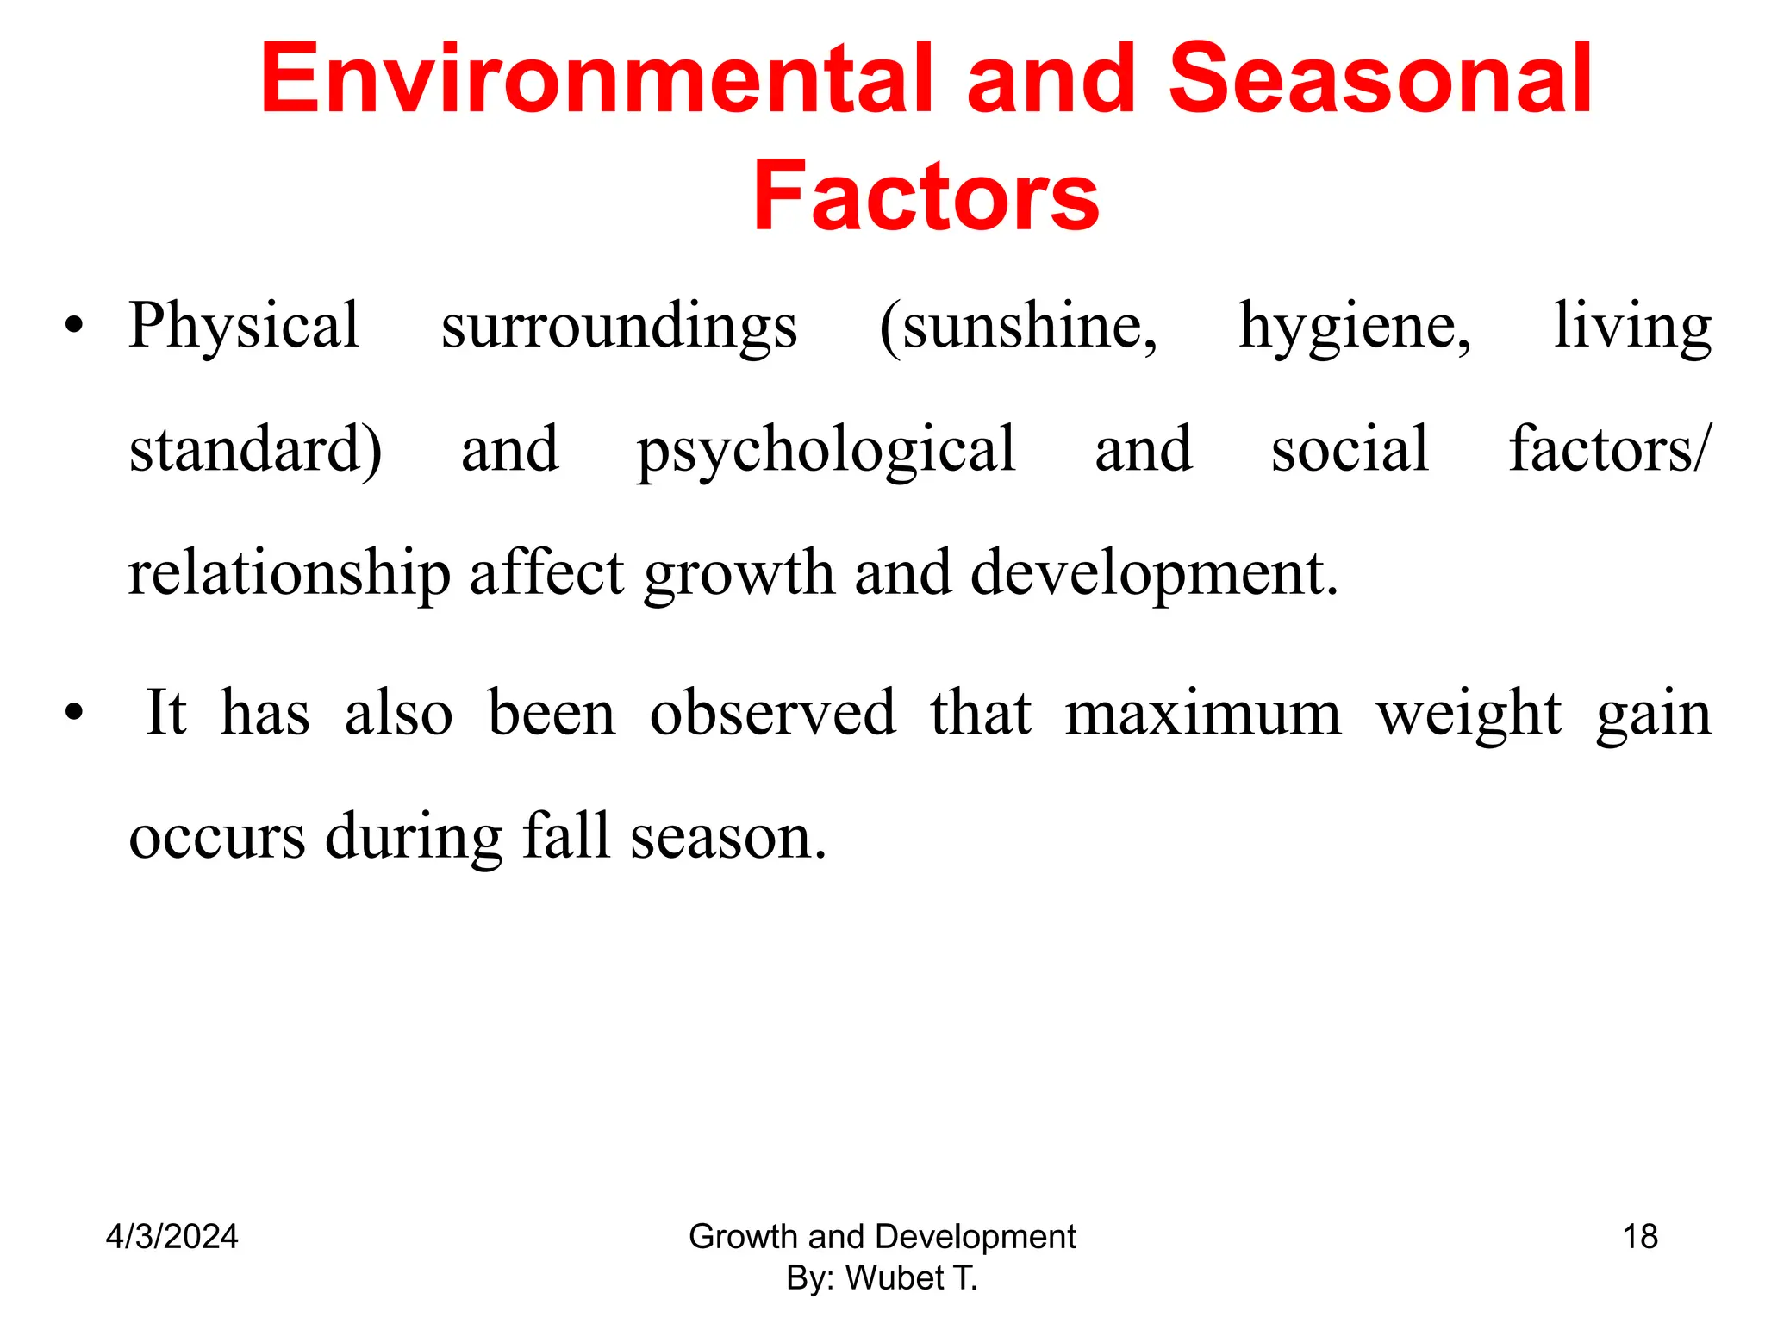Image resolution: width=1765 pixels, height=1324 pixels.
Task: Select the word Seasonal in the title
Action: click(x=1380, y=79)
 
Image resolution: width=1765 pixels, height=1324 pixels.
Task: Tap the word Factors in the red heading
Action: click(x=926, y=197)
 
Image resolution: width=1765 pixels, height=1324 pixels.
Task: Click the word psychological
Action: click(x=826, y=451)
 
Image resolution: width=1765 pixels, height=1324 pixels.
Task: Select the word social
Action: click(x=1350, y=449)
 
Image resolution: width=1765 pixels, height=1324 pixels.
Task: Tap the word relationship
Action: click(x=290, y=574)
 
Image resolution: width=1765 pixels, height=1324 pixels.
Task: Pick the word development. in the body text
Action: click(x=1155, y=574)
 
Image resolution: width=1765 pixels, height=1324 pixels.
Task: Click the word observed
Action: click(x=772, y=713)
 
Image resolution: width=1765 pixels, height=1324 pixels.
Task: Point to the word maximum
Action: click(x=1203, y=715)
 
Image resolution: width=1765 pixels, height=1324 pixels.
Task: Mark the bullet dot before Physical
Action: click(x=75, y=327)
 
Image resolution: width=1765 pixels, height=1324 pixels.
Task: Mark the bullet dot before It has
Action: click(x=75, y=714)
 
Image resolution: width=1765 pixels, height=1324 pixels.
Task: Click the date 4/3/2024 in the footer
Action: click(x=172, y=1237)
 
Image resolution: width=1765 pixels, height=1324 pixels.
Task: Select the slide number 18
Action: click(x=1640, y=1237)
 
